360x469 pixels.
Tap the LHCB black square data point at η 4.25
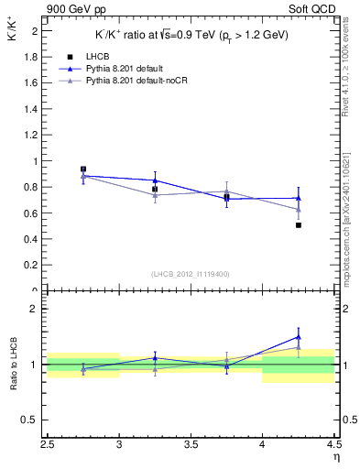pos(299,224)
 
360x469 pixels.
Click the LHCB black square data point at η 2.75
pos(83,169)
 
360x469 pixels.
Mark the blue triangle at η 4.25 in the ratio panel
pos(299,337)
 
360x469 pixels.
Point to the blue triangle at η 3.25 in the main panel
pos(155,180)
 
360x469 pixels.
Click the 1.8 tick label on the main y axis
pos(31,56)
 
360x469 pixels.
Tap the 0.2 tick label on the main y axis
pos(31,266)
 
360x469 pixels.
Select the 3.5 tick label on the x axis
pos(191,445)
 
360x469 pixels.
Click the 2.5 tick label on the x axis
pos(48,445)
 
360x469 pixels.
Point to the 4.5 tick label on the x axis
pos(333,445)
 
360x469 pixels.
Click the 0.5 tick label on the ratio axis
pos(31,420)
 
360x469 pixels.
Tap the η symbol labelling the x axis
pos(336,457)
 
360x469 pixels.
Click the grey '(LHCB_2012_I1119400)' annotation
pos(190,273)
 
